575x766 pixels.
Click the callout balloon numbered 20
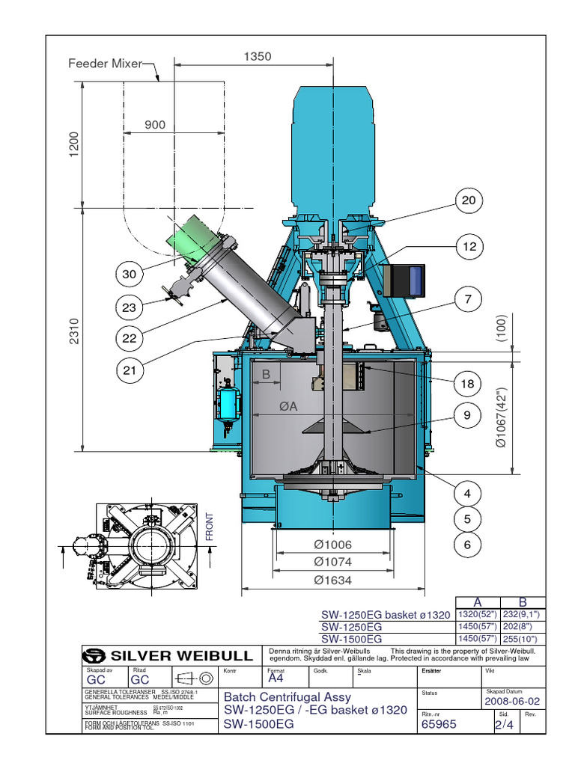pos(469,200)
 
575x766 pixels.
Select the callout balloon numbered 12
pos(469,246)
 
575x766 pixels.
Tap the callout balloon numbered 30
pos(130,275)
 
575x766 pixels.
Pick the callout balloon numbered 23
pos(130,307)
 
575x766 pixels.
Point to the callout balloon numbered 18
pos(469,384)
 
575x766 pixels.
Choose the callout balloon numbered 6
pos(469,545)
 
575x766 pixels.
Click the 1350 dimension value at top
pos(257,56)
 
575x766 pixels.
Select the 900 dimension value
pos(155,125)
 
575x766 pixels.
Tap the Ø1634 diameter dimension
pos(332,580)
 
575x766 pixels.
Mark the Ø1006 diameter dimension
pos(332,545)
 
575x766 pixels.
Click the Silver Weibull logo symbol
pos(95,655)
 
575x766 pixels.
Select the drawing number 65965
pos(439,723)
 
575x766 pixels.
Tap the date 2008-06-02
pos(513,701)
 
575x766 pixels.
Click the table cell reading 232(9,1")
pos(523,614)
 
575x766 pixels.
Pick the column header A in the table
pos(478,603)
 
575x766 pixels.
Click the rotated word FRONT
pos(210,526)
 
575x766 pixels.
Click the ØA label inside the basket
pos(288,406)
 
